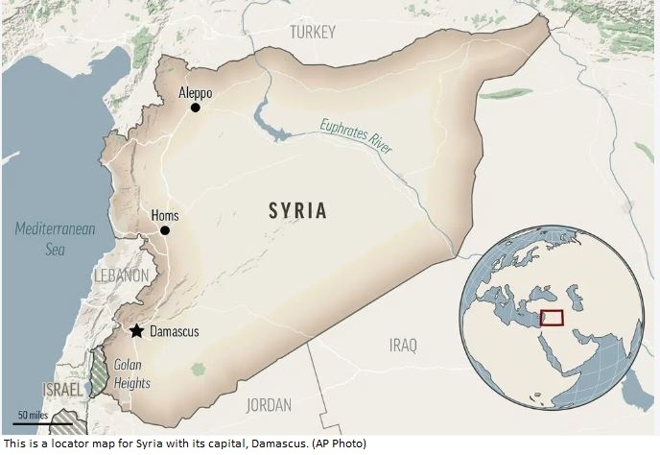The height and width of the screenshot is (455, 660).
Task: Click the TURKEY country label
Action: (x=313, y=33)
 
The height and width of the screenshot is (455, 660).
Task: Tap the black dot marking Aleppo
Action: (x=196, y=108)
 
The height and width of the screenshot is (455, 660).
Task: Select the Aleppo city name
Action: (x=196, y=93)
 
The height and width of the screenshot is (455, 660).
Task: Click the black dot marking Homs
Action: (x=165, y=230)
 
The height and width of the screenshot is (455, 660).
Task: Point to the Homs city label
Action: (x=165, y=216)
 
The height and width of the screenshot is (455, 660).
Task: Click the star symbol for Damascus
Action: (x=137, y=331)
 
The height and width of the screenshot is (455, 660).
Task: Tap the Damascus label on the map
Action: (x=175, y=331)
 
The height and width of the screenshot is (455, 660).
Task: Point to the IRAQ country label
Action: (x=404, y=344)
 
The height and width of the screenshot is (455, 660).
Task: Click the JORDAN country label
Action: (x=269, y=404)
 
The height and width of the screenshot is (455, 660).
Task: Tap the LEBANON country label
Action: (x=121, y=275)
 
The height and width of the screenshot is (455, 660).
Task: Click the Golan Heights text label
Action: (x=131, y=374)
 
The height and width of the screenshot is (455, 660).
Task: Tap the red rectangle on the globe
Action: (x=552, y=318)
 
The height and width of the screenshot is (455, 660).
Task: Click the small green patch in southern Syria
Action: (x=198, y=369)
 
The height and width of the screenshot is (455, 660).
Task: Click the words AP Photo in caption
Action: (x=340, y=444)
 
